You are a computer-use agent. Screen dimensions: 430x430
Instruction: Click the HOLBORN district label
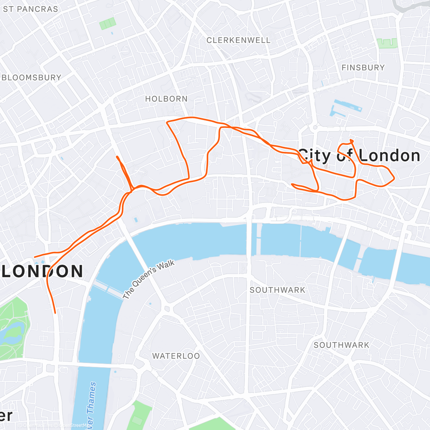166,99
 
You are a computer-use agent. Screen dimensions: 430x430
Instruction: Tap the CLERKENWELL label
238,40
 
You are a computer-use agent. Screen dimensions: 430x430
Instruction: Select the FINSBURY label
363,68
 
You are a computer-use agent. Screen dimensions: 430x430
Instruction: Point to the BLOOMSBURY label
32,78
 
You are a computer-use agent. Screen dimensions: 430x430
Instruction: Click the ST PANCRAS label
30,9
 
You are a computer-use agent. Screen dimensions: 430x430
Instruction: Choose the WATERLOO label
176,356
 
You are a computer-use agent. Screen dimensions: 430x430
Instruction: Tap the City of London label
359,156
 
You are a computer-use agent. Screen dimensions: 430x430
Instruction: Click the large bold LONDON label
42,272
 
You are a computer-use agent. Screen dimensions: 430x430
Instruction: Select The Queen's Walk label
148,279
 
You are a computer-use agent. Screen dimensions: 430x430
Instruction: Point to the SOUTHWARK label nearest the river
277,290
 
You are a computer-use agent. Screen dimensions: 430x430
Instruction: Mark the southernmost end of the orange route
55,313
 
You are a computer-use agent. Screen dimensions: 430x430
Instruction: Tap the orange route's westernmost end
35,257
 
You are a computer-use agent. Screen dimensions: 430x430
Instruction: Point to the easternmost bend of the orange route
394,178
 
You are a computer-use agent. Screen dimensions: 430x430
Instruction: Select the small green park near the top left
107,24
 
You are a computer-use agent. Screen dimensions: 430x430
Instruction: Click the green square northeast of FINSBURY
387,43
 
